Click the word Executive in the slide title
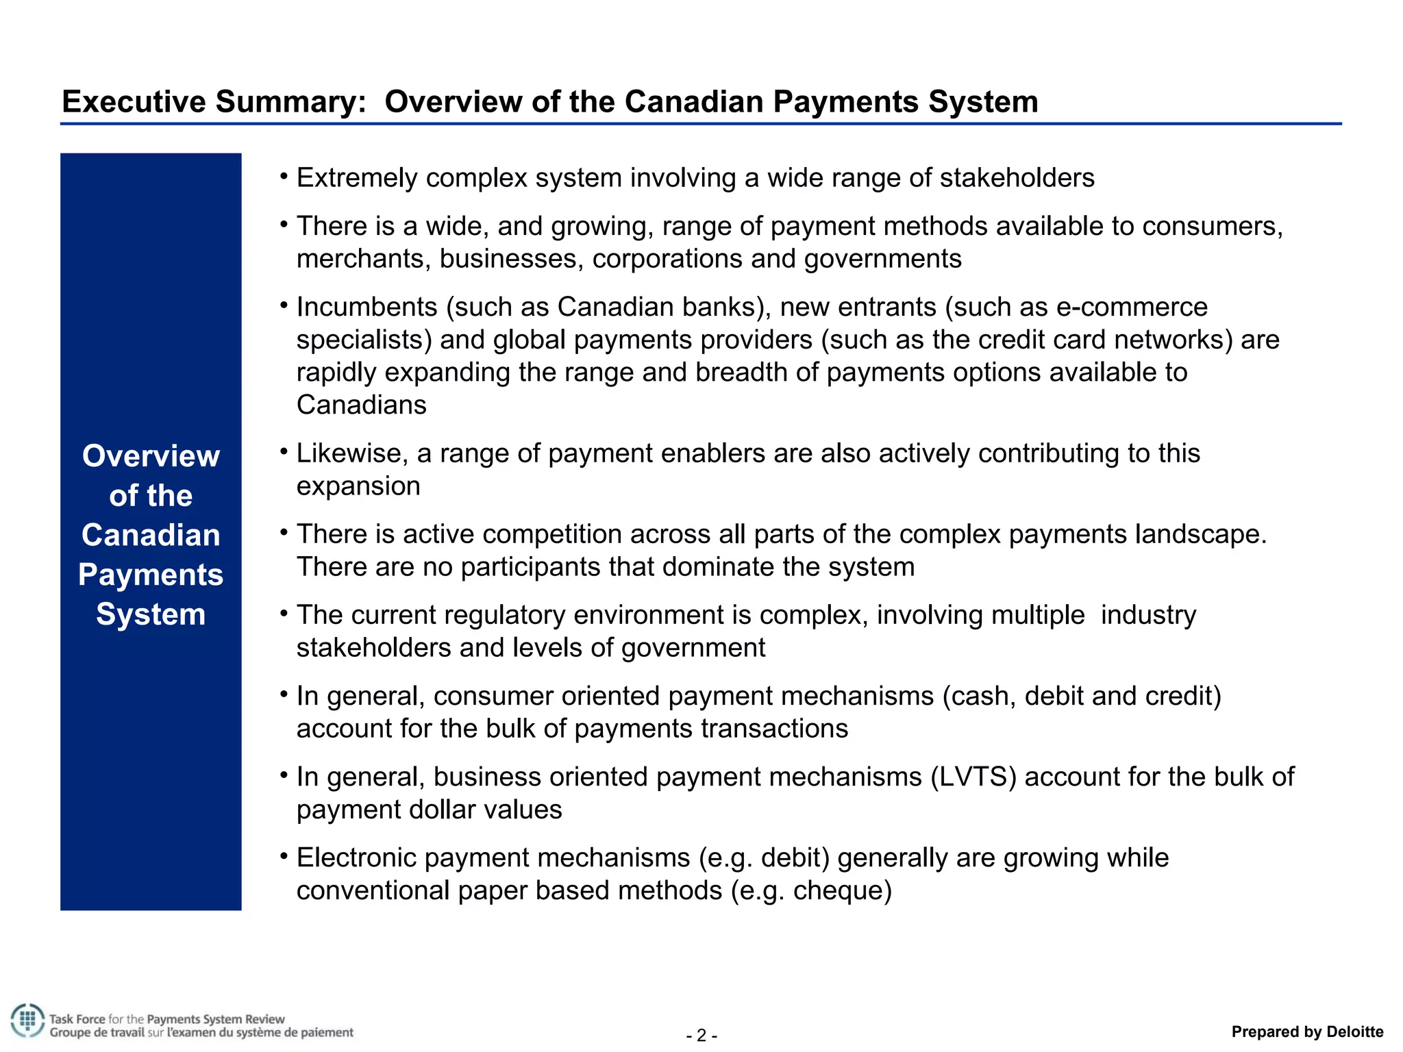coord(134,102)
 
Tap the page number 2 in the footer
coord(701,1035)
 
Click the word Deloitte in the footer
coord(1354,1031)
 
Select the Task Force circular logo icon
coord(27,1020)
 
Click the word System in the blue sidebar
coord(151,614)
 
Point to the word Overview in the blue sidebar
coord(151,456)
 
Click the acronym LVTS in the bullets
coord(973,777)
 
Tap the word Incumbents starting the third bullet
coord(367,307)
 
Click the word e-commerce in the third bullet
coord(1132,307)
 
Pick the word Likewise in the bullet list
coord(350,453)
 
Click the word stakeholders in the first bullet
coord(1017,178)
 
